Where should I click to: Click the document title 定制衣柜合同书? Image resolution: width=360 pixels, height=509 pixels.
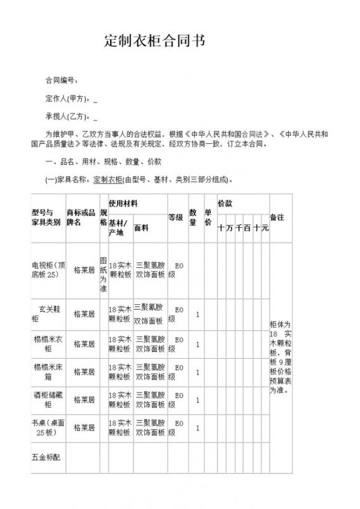tap(154, 42)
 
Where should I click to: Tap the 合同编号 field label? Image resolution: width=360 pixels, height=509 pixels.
tap(60, 81)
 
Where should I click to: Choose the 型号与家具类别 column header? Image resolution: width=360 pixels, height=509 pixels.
tap(46, 217)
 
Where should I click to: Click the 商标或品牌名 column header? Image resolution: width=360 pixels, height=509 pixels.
tap(81, 217)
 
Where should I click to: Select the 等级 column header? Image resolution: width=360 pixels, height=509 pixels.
tap(176, 218)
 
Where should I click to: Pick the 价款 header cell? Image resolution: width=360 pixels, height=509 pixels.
tap(225, 203)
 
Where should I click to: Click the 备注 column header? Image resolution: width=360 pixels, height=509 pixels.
tap(277, 217)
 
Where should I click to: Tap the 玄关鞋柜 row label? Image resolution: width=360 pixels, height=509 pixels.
tap(46, 314)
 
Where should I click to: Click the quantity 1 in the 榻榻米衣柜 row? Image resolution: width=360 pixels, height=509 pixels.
tap(198, 344)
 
